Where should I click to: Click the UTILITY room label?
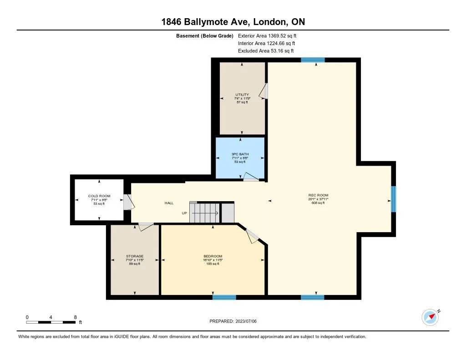click(242, 95)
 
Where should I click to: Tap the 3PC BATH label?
click(240, 154)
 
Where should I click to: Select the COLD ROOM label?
click(99, 196)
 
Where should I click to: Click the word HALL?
click(169, 203)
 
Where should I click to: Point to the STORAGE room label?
click(135, 256)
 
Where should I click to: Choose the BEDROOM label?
click(213, 256)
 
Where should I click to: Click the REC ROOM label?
click(318, 195)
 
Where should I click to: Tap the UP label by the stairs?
click(184, 213)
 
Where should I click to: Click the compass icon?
click(430, 317)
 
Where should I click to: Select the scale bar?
click(51, 322)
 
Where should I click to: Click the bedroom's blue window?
click(224, 297)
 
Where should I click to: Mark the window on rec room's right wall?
click(394, 199)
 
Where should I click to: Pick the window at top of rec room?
click(313, 60)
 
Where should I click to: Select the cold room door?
click(128, 202)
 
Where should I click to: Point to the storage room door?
click(146, 226)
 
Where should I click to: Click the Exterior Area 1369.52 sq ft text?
click(267, 35)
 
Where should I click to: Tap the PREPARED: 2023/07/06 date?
click(236, 321)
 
